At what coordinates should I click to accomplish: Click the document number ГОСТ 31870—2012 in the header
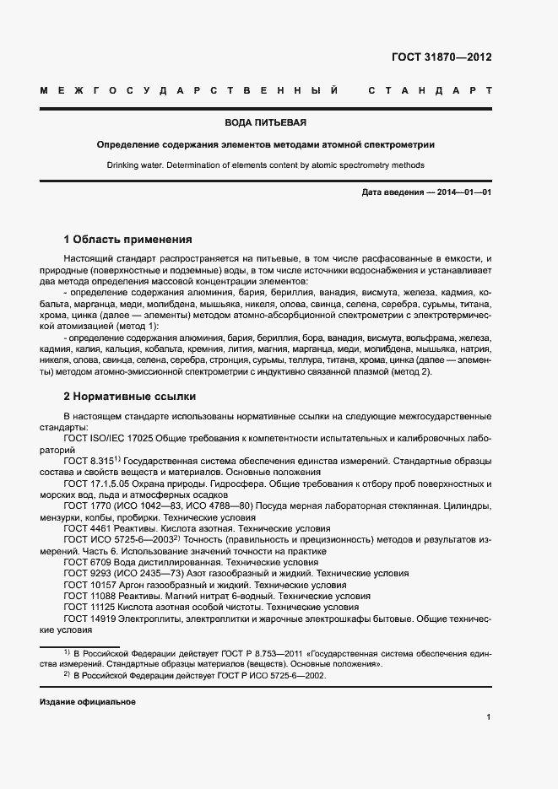[x=442, y=57]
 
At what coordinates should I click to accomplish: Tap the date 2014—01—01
[x=464, y=192]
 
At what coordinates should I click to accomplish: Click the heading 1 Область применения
[x=128, y=239]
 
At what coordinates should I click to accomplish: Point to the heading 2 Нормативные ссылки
[x=130, y=396]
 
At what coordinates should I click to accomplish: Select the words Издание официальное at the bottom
[x=88, y=702]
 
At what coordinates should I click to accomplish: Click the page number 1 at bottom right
[x=489, y=717]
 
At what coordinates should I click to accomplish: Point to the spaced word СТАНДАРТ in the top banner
[x=429, y=89]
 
